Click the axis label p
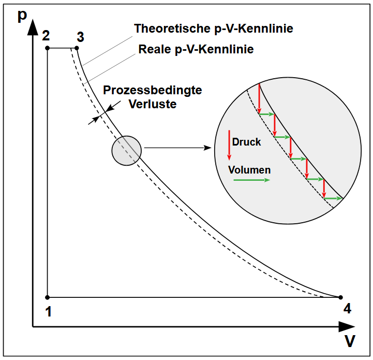pos(22,16)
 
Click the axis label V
pos(350,341)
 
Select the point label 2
pos(46,36)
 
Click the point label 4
pos(347,309)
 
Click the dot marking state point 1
pos(48,297)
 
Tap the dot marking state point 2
pos(48,48)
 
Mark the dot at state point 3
pos(77,48)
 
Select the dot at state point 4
pos(340,297)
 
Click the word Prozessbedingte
pos(153,90)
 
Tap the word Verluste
pos(153,104)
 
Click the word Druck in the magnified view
pos(247,142)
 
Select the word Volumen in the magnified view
pos(249,169)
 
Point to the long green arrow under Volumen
pos(252,180)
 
